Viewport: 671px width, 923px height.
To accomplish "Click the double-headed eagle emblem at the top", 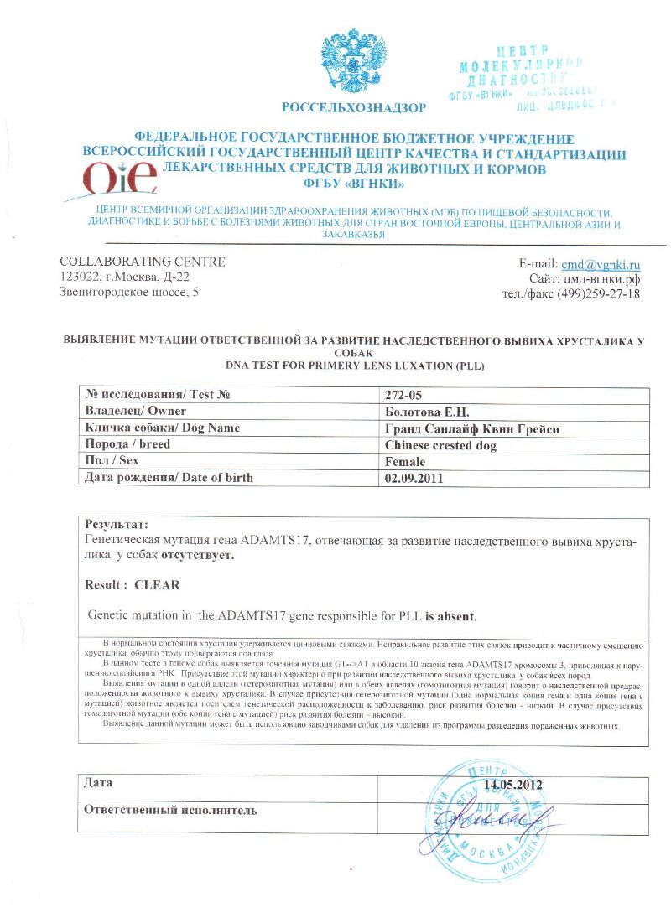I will click(x=352, y=62).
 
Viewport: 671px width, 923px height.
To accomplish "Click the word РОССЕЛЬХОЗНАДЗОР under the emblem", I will click(x=353, y=107).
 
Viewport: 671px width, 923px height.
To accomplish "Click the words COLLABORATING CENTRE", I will click(x=143, y=262).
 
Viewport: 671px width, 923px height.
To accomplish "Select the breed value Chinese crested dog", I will click(x=440, y=445).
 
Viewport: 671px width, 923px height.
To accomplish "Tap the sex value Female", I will click(x=405, y=462).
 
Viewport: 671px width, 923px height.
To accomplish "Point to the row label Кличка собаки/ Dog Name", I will click(x=163, y=428).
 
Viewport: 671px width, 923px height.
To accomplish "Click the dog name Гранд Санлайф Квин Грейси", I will click(x=466, y=428).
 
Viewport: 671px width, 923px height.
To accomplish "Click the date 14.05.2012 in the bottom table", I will click(x=513, y=786).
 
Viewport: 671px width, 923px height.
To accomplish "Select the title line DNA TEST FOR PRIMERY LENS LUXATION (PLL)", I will click(x=356, y=367).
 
